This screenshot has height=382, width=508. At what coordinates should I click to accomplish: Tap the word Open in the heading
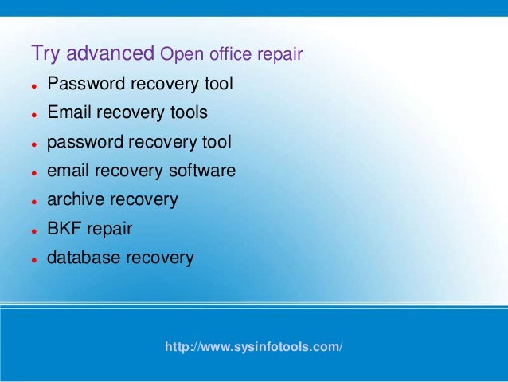point(178,55)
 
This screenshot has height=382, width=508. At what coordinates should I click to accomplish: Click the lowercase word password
point(81,142)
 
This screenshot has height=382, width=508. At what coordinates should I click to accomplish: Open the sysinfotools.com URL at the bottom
point(254,348)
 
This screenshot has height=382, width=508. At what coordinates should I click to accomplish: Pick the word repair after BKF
point(109,230)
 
